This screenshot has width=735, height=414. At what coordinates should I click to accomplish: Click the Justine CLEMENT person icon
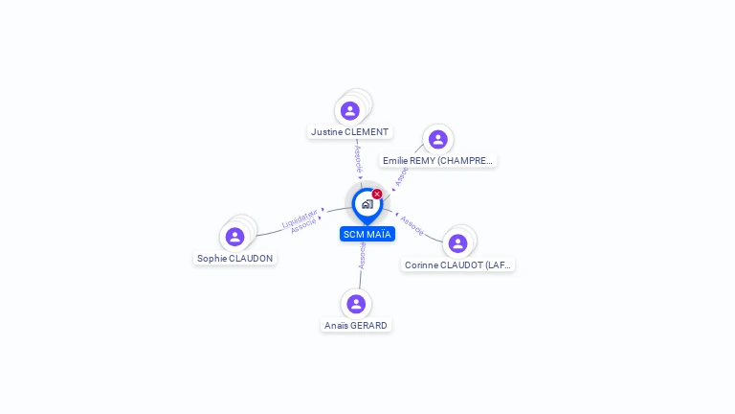[x=350, y=110]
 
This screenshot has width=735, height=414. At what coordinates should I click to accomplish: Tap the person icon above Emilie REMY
[x=437, y=140]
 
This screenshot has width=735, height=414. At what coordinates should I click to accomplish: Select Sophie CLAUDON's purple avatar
[x=234, y=237]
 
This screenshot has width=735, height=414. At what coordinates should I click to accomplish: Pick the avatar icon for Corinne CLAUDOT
[x=457, y=243]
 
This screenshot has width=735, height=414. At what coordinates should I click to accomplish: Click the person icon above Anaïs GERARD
[x=356, y=304]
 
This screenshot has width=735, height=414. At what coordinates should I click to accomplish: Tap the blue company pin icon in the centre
[x=367, y=204]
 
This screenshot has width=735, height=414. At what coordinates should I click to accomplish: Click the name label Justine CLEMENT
[x=349, y=132]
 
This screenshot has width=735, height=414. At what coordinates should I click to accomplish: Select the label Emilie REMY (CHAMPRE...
[x=437, y=161]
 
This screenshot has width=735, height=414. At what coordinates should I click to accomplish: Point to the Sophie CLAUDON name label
[x=234, y=259]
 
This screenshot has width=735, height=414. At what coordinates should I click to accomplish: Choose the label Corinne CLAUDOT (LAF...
[x=457, y=265]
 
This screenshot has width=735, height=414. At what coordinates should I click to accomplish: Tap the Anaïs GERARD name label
[x=356, y=326]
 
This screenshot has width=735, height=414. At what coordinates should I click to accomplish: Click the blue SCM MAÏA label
[x=367, y=234]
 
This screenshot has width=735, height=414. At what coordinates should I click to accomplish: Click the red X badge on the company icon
[x=377, y=194]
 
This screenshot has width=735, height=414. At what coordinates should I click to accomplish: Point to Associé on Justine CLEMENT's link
[x=357, y=159]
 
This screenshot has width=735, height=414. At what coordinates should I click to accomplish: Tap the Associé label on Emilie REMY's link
[x=402, y=175]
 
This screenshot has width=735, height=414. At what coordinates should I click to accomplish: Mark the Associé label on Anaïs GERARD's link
[x=362, y=254]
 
